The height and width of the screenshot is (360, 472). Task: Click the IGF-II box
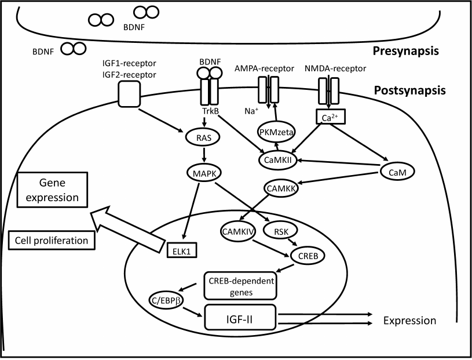click(x=242, y=319)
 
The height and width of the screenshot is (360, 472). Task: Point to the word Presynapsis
click(x=426, y=51)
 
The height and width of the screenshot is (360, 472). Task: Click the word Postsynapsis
click(x=426, y=90)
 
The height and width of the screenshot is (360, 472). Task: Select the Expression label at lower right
click(x=409, y=321)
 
